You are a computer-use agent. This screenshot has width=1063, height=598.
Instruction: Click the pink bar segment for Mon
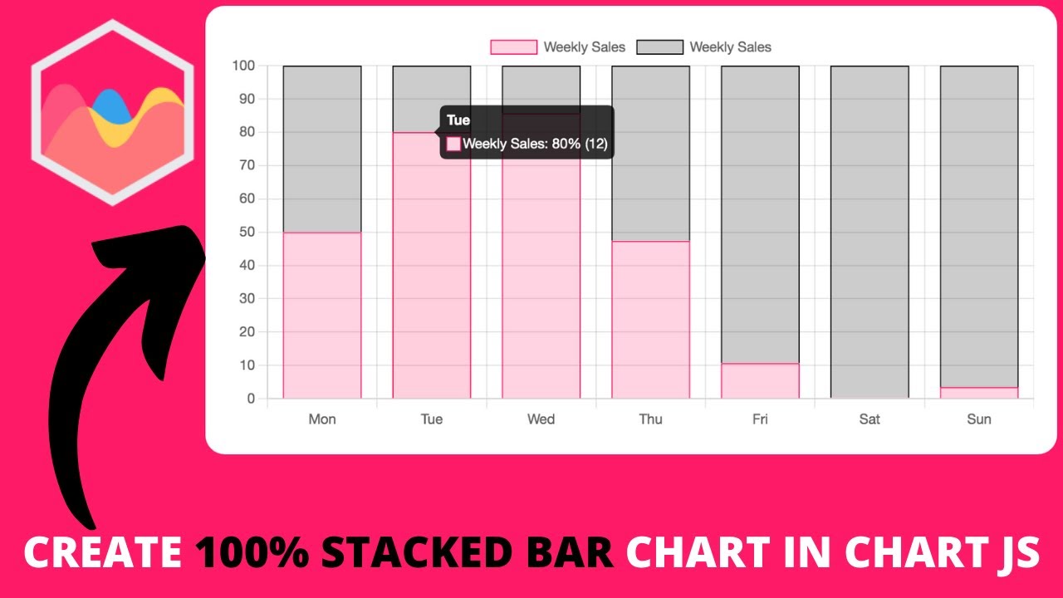tap(322, 316)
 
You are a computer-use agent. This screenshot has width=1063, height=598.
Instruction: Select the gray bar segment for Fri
tap(760, 214)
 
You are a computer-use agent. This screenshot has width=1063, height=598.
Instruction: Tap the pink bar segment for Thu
tap(650, 320)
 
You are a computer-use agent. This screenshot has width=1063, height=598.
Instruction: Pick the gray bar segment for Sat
tap(870, 233)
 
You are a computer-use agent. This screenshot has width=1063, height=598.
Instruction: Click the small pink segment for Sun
tap(979, 393)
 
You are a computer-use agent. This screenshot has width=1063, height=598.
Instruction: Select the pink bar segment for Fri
tap(760, 381)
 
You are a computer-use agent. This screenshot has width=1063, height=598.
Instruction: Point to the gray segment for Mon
tap(322, 149)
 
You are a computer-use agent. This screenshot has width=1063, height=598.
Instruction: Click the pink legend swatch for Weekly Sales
tap(513, 47)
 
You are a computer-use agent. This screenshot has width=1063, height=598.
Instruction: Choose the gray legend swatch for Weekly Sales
tap(659, 47)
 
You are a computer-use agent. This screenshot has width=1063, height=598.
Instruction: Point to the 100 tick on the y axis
tap(244, 66)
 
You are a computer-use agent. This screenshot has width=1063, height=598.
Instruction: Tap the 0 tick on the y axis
tap(251, 399)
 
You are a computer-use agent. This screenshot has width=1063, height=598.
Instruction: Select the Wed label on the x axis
tap(541, 419)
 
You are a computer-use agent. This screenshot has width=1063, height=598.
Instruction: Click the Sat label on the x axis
tap(870, 419)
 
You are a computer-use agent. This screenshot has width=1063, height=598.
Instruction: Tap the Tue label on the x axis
tap(432, 419)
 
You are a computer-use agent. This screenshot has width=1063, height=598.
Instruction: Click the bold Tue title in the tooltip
tap(458, 120)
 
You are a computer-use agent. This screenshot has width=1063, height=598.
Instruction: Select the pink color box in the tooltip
tap(453, 144)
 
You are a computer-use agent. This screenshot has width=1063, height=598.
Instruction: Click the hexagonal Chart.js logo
tap(113, 112)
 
